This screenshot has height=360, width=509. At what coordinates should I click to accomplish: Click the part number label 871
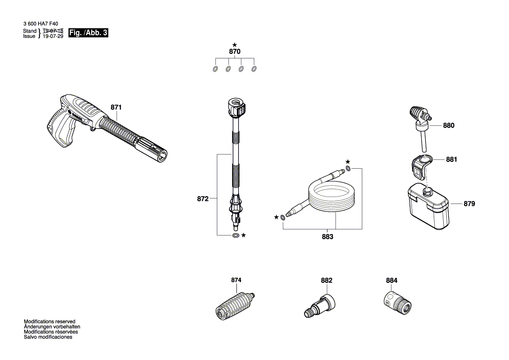(116, 107)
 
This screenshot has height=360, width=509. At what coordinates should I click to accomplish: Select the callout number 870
(235, 51)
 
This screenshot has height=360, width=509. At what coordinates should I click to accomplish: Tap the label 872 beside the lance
(203, 199)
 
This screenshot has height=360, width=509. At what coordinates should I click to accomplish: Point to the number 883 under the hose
(327, 237)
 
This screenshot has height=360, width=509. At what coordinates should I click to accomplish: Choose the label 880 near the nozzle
(448, 126)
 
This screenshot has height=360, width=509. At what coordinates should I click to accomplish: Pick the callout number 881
(452, 160)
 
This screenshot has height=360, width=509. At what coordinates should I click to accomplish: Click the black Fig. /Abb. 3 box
(88, 33)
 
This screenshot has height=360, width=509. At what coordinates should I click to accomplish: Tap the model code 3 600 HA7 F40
(42, 25)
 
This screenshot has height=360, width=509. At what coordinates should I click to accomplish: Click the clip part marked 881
(421, 166)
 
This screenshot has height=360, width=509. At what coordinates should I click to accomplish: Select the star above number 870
(235, 44)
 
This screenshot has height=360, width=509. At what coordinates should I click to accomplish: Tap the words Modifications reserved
(49, 321)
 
